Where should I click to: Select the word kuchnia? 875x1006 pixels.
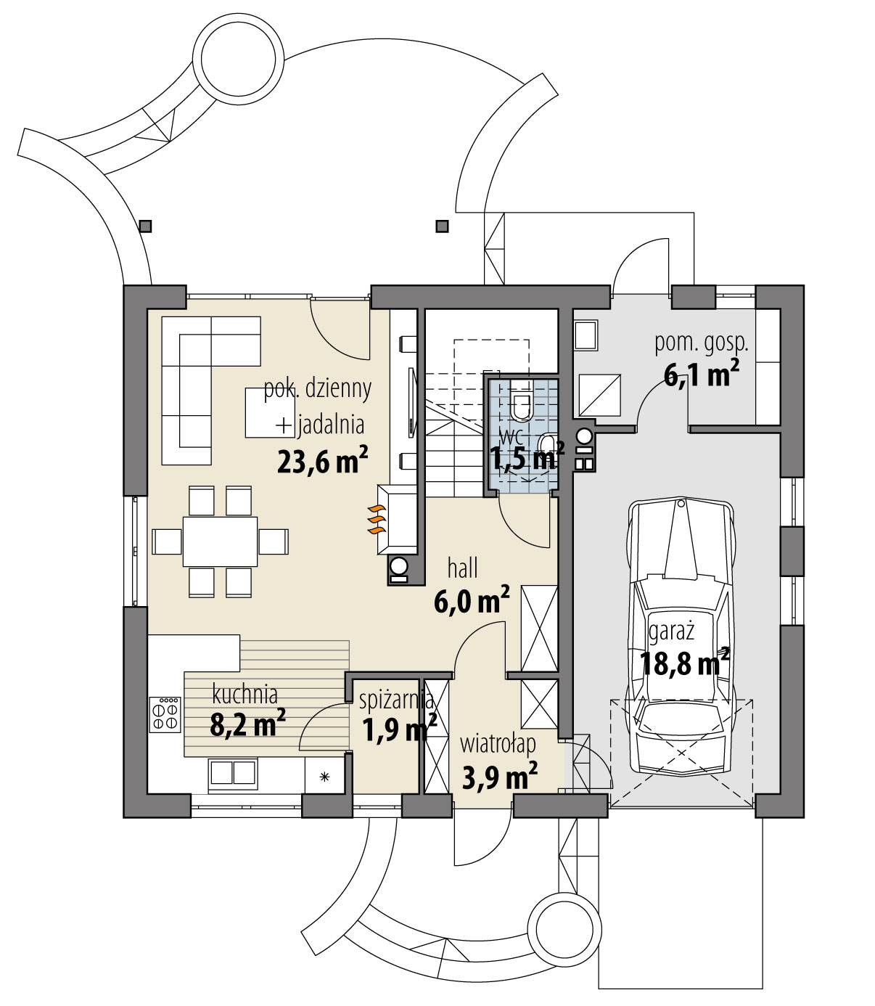(x=245, y=695)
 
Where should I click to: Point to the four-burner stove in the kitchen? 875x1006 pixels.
(x=165, y=714)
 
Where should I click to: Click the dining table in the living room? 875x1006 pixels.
(x=220, y=541)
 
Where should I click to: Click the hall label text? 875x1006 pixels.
(x=462, y=568)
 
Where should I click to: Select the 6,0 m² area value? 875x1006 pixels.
(x=472, y=600)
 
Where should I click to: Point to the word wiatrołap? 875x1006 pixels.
(x=498, y=745)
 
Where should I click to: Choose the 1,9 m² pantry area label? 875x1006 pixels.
(x=400, y=729)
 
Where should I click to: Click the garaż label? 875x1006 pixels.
(x=671, y=633)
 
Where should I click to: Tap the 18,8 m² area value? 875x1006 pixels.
(x=684, y=664)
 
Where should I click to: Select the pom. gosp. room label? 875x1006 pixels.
(x=701, y=344)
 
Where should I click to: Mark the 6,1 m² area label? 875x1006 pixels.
(x=701, y=375)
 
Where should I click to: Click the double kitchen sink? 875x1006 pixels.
(x=234, y=772)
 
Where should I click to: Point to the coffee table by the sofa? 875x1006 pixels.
(x=270, y=412)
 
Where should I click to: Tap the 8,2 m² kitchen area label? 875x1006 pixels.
(x=248, y=724)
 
